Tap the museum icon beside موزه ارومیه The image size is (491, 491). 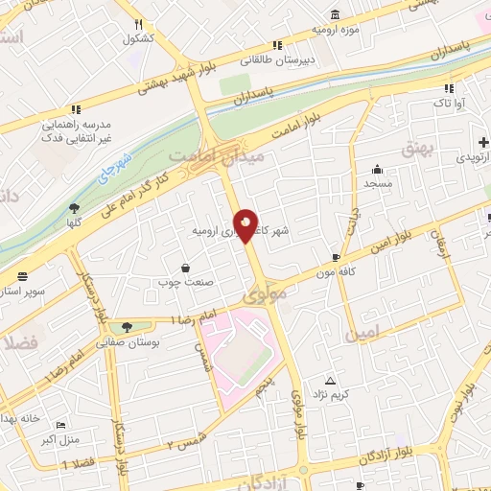point(334,14)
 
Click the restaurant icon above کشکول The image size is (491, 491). point(139,25)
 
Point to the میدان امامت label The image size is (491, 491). point(201,155)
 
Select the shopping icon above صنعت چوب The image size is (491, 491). point(184,268)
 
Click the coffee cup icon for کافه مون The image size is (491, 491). point(336,257)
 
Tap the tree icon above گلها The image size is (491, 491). point(75,207)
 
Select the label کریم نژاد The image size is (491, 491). point(357,394)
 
